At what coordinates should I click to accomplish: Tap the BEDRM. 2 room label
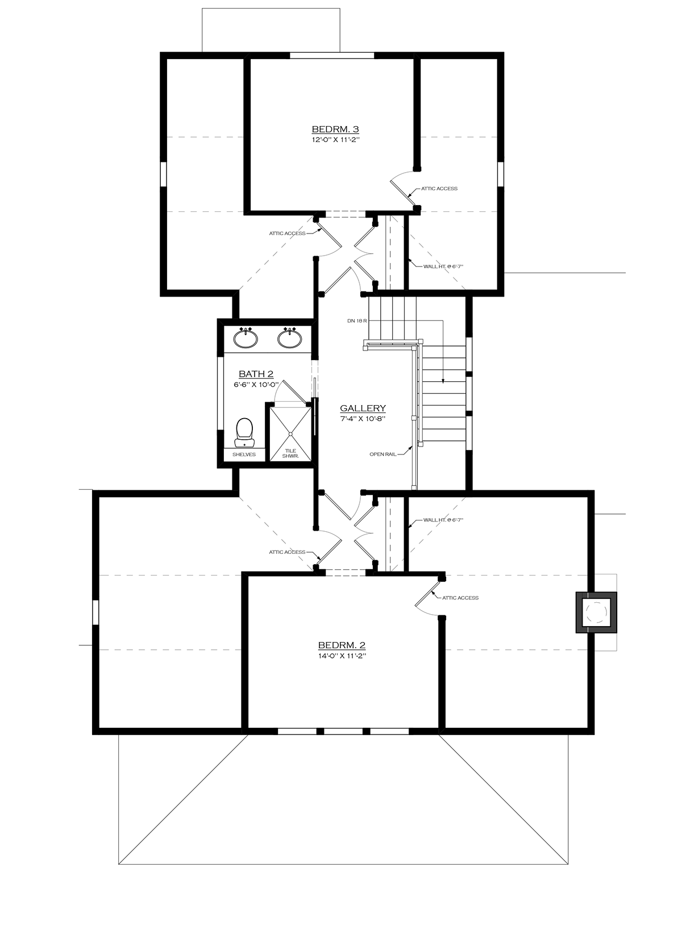click(341, 645)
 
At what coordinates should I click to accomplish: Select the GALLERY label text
click(363, 408)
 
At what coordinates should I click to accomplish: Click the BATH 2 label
click(256, 374)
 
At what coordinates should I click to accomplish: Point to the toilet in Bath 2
click(244, 432)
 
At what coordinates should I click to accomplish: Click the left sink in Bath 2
click(246, 339)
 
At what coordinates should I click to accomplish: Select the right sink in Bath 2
click(289, 339)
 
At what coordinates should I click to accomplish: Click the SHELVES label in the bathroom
click(244, 454)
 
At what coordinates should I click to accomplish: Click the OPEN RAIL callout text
click(382, 454)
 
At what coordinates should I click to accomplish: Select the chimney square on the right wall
click(596, 612)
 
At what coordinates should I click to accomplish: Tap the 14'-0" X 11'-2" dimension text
click(341, 655)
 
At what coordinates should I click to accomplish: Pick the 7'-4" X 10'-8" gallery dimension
click(363, 418)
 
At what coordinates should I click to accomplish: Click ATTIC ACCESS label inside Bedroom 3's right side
click(439, 189)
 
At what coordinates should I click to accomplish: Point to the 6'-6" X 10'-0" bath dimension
click(256, 384)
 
